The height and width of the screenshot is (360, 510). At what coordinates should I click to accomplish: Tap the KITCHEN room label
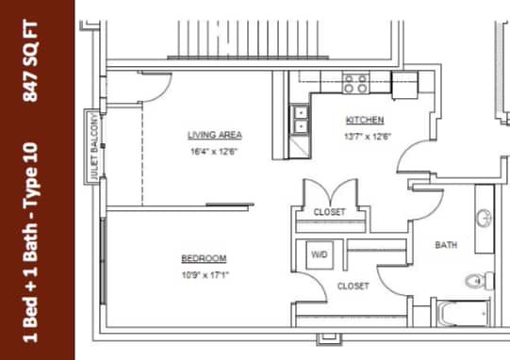pyautogui.click(x=364, y=121)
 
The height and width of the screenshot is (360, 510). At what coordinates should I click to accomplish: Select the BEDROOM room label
pyautogui.click(x=204, y=258)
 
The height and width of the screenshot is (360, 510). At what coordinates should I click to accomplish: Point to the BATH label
pyautogui.click(x=446, y=245)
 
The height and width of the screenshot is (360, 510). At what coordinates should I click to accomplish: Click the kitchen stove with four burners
pyautogui.click(x=355, y=84)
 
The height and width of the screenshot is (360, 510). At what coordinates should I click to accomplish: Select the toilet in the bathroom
pyautogui.click(x=481, y=281)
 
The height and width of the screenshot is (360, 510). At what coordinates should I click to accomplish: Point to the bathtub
pyautogui.click(x=464, y=312)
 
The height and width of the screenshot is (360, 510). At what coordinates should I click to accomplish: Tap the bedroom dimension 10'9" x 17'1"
pyautogui.click(x=204, y=274)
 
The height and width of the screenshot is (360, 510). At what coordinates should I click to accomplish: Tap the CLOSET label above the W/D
pyautogui.click(x=329, y=212)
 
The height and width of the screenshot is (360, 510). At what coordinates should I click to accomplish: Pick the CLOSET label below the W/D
pyautogui.click(x=353, y=286)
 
